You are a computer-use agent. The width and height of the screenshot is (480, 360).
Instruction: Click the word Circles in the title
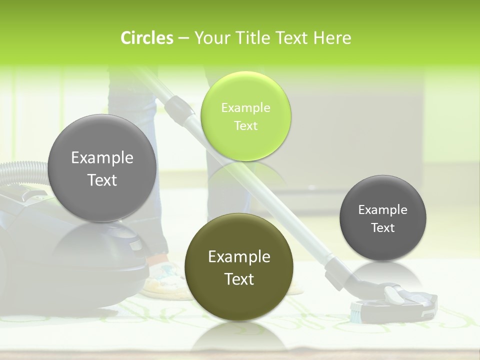click(x=146, y=38)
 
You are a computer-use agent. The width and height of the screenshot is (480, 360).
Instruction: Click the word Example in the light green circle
click(x=245, y=108)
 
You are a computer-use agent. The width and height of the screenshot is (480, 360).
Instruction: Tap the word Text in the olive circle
click(x=239, y=279)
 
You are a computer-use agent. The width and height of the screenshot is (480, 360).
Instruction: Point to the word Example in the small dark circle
click(x=383, y=210)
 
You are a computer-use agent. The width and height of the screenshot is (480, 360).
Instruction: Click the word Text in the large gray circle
click(x=102, y=180)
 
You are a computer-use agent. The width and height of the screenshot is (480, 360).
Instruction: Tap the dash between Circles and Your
click(x=183, y=38)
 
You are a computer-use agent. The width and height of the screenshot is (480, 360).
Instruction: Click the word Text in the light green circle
click(x=245, y=126)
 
